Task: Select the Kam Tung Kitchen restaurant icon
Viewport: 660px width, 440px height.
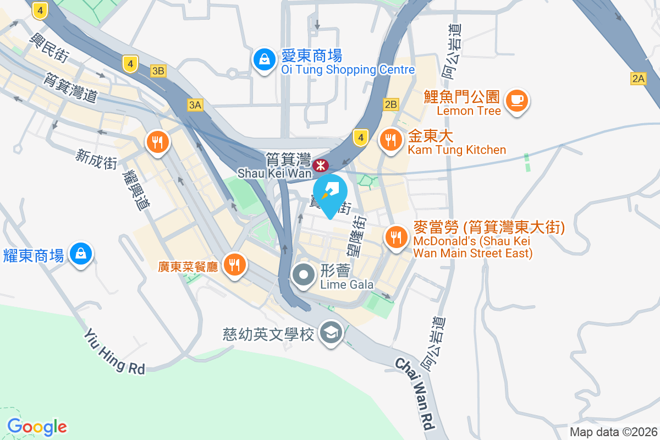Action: pyautogui.click(x=391, y=140)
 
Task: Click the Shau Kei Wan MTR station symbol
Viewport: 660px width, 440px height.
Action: pyautogui.click(x=320, y=165)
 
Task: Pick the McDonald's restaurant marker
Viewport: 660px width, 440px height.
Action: pyautogui.click(x=395, y=238)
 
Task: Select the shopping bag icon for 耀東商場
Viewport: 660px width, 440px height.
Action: pyautogui.click(x=81, y=254)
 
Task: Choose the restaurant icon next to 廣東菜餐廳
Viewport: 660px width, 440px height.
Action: pyautogui.click(x=235, y=265)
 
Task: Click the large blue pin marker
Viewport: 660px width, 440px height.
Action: pyautogui.click(x=330, y=194)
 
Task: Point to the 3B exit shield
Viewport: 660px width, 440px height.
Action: pyautogui.click(x=158, y=70)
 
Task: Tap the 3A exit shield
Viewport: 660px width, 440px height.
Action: pyautogui.click(x=195, y=105)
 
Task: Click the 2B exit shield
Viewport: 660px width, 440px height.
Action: pyautogui.click(x=391, y=105)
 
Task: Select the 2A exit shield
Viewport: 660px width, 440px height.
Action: pyautogui.click(x=638, y=79)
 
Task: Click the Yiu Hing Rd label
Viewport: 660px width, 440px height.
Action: pyautogui.click(x=114, y=352)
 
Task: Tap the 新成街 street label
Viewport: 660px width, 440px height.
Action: pyautogui.click(x=96, y=159)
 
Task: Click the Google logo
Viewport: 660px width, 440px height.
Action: pyautogui.click(x=37, y=426)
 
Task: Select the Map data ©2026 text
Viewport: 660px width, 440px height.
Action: pyautogui.click(x=613, y=432)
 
